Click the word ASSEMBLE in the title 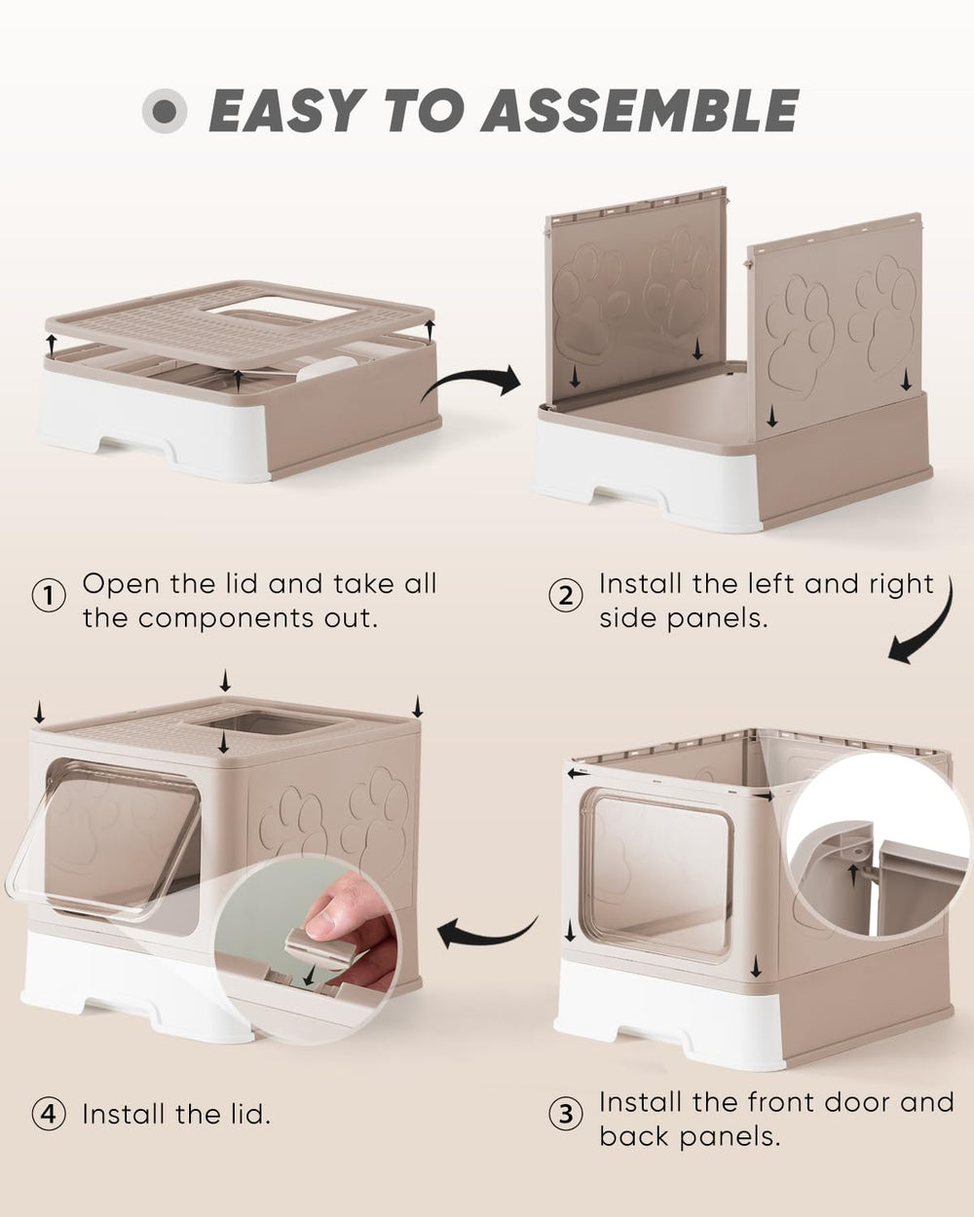pyautogui.click(x=640, y=110)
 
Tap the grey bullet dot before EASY pyautogui.click(x=165, y=111)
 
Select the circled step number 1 pyautogui.click(x=49, y=595)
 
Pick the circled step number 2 pyautogui.click(x=566, y=595)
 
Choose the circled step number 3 pyautogui.click(x=566, y=1114)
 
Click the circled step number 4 pyautogui.click(x=49, y=1114)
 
